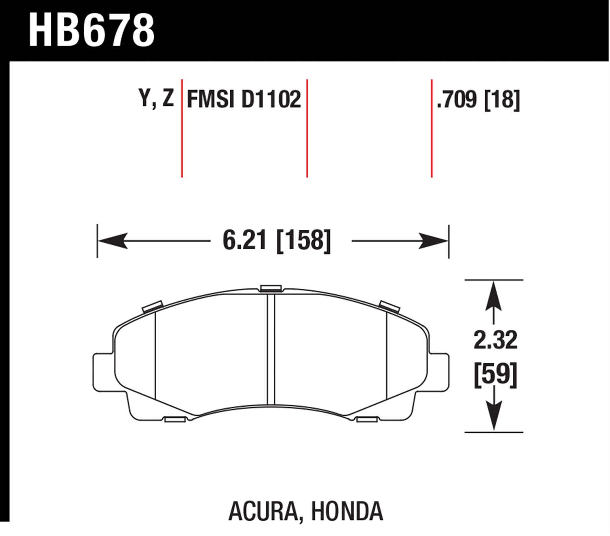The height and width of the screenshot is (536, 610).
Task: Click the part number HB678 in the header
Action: [x=91, y=31]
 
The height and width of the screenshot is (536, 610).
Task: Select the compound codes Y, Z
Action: [x=156, y=98]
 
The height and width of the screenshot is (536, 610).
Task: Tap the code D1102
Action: [x=271, y=99]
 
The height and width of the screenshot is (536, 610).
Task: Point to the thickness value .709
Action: [x=457, y=99]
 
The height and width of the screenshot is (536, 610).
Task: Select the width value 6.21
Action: [x=244, y=240]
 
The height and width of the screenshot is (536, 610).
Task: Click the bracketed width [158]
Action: [x=303, y=241]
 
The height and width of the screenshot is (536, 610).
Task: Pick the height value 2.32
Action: [x=495, y=340]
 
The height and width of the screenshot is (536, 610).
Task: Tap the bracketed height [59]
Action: [x=496, y=375]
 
